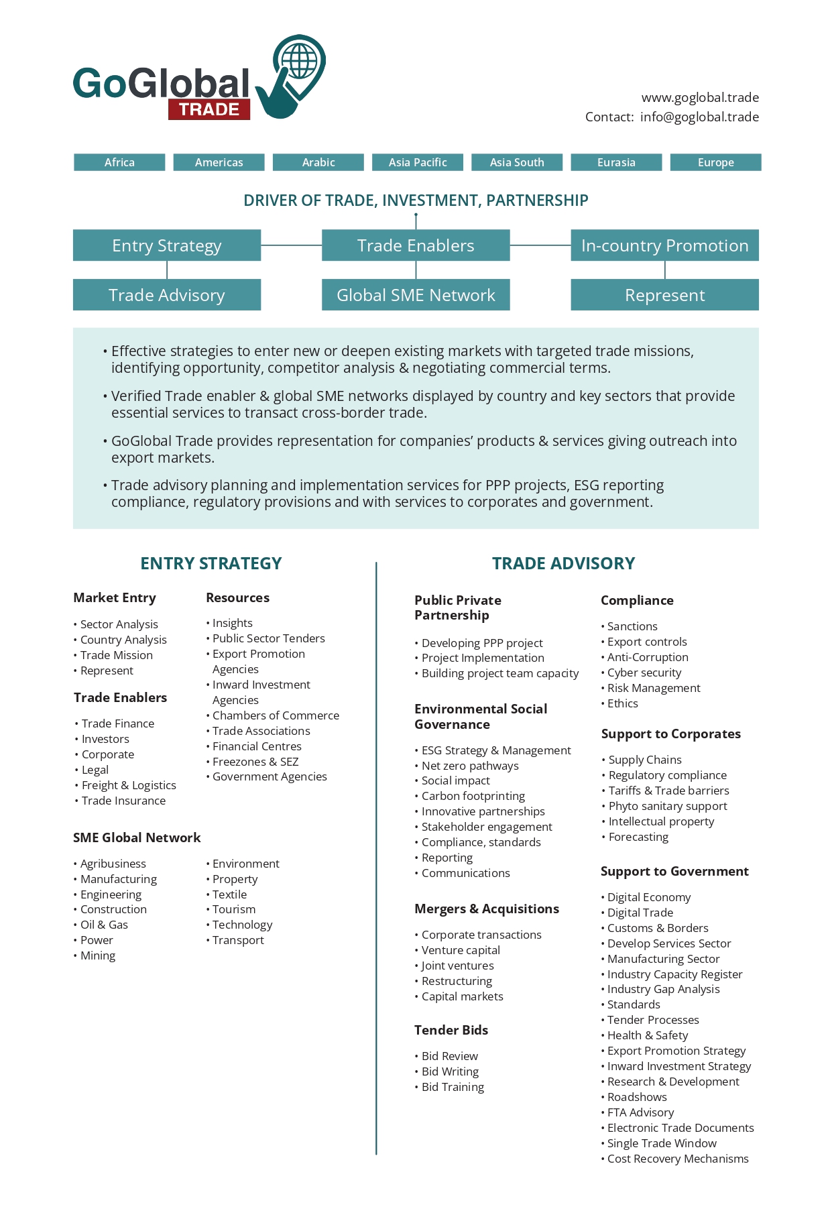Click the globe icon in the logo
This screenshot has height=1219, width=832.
(x=299, y=62)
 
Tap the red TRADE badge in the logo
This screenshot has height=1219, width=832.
(x=209, y=110)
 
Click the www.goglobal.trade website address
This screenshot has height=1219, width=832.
(x=700, y=98)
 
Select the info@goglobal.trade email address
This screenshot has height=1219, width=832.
(x=699, y=117)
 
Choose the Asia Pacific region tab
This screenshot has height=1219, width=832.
(x=418, y=162)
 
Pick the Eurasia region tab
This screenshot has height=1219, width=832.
(x=616, y=162)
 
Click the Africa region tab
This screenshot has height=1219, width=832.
(x=119, y=162)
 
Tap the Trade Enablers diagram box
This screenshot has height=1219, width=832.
(x=416, y=245)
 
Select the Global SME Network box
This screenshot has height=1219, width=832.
(x=416, y=295)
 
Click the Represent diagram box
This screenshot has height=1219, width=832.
(x=664, y=295)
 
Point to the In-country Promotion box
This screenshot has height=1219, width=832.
(x=664, y=245)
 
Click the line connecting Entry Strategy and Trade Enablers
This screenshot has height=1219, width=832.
(x=291, y=245)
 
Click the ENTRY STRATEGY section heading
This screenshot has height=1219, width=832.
(x=211, y=563)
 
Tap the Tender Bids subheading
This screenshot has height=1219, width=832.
(x=451, y=1030)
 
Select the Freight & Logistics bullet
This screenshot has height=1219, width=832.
(x=129, y=785)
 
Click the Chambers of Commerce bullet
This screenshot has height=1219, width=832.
(x=276, y=715)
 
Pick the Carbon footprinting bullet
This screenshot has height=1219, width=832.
(x=473, y=796)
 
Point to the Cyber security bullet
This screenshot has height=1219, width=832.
(x=644, y=673)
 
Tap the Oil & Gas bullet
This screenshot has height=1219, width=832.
(x=104, y=925)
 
